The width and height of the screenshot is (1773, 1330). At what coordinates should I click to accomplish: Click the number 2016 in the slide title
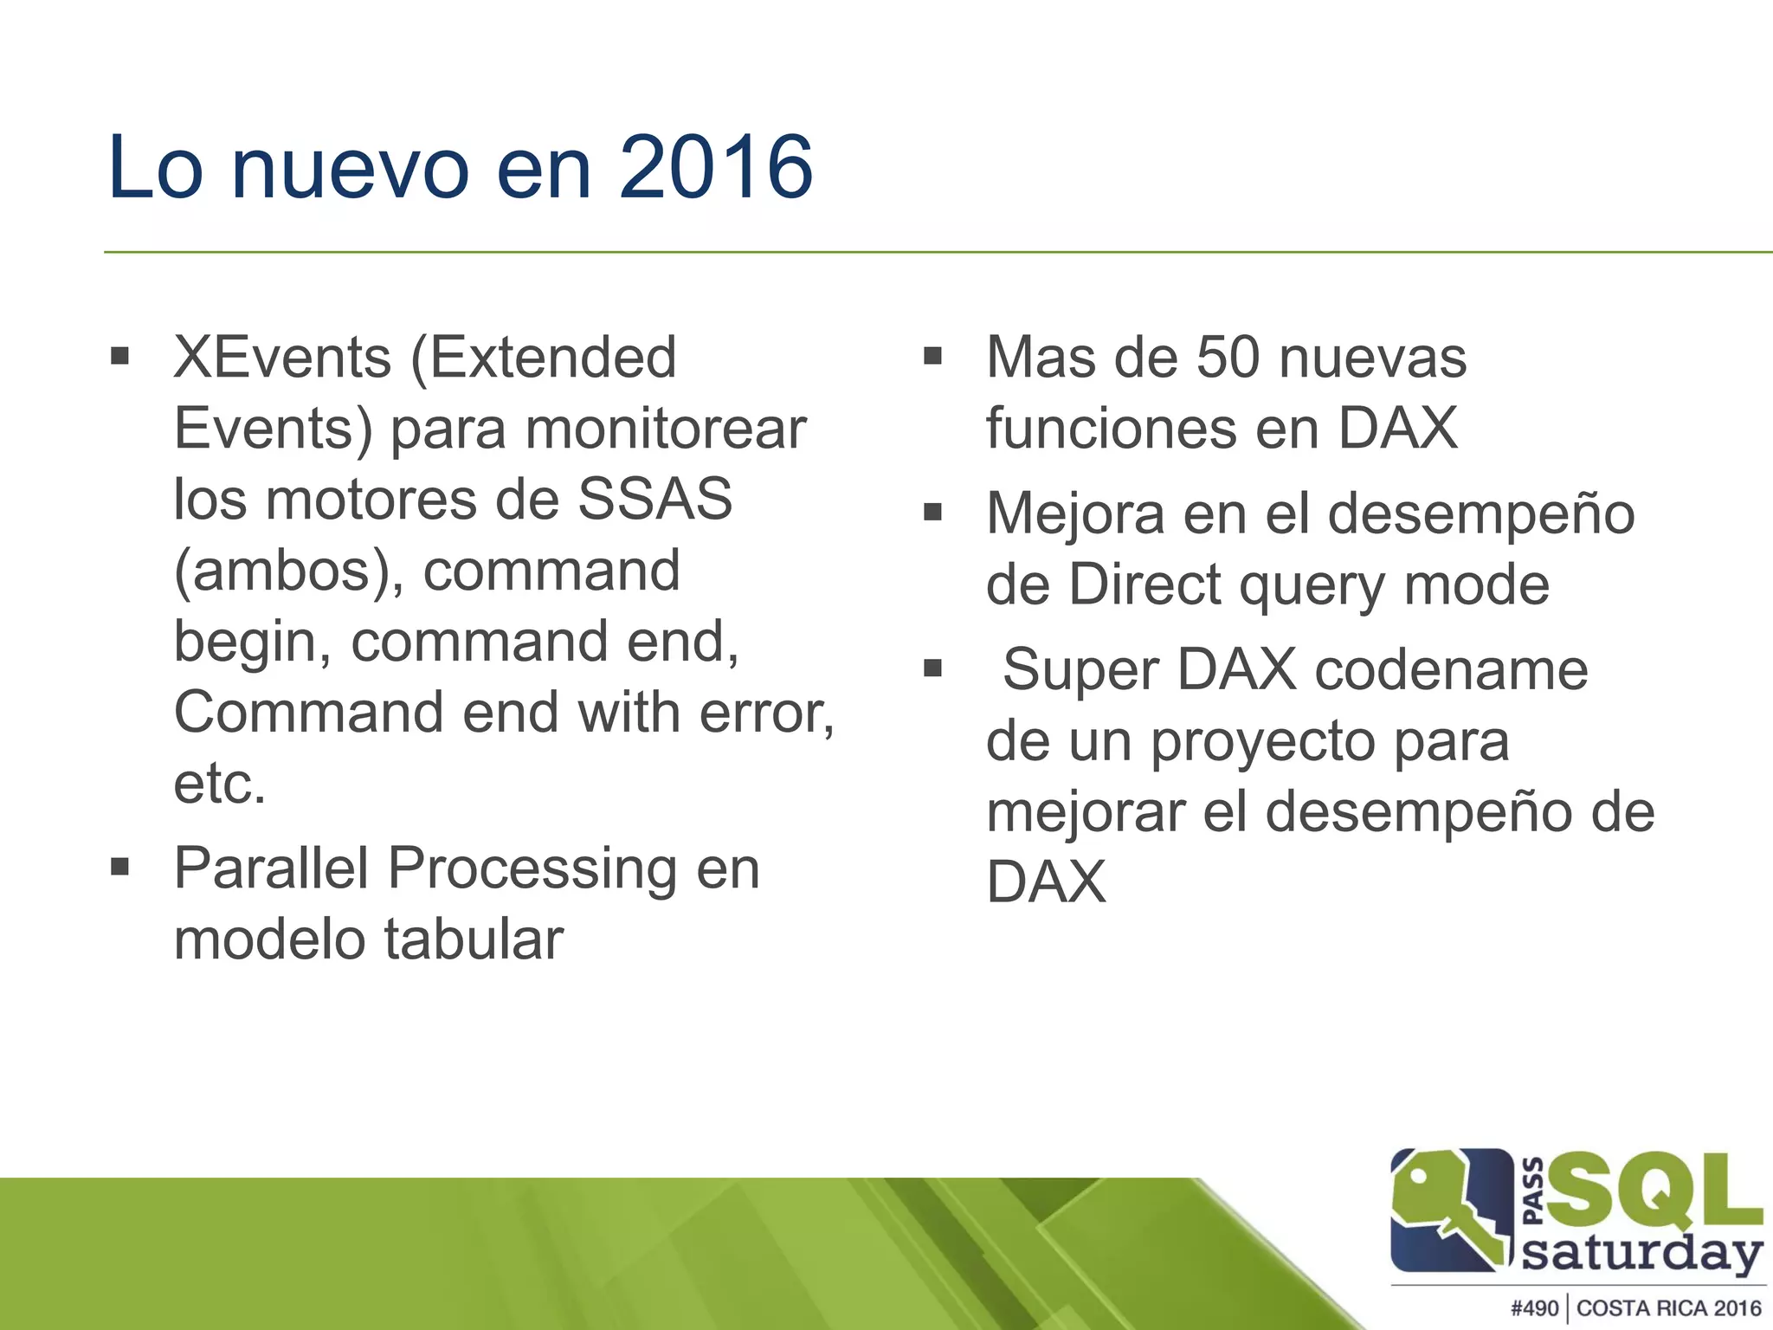coord(715,167)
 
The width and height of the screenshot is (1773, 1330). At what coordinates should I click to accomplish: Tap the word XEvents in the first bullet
coord(282,357)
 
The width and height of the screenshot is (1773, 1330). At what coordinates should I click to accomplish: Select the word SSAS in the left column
coord(654,499)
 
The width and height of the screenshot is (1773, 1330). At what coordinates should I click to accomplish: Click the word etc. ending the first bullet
coord(220,784)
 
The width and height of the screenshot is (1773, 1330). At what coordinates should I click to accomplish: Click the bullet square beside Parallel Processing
coord(120,866)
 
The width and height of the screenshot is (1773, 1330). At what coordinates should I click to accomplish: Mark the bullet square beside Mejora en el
coord(932,512)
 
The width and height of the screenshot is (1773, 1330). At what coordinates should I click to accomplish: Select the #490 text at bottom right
coord(1534,1307)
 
